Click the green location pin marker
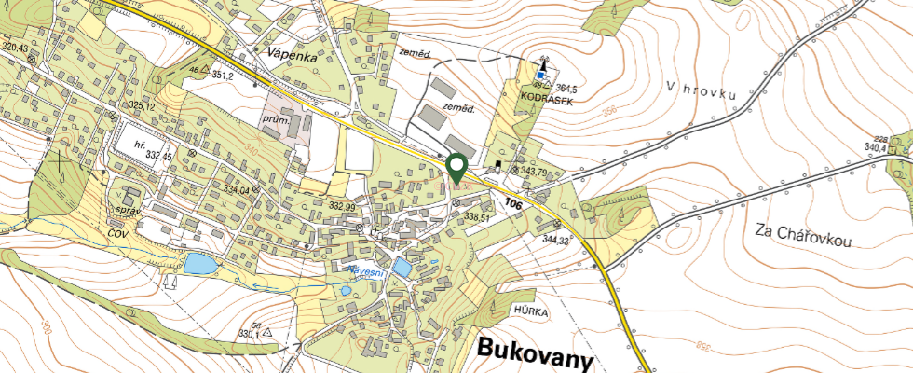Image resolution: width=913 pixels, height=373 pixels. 456,167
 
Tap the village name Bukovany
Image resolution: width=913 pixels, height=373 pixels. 536,350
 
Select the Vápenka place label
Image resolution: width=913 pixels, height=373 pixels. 292,56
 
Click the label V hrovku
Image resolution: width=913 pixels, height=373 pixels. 702,90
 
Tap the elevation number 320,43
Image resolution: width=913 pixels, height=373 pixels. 15,47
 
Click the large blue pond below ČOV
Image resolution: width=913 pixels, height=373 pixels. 199,264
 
